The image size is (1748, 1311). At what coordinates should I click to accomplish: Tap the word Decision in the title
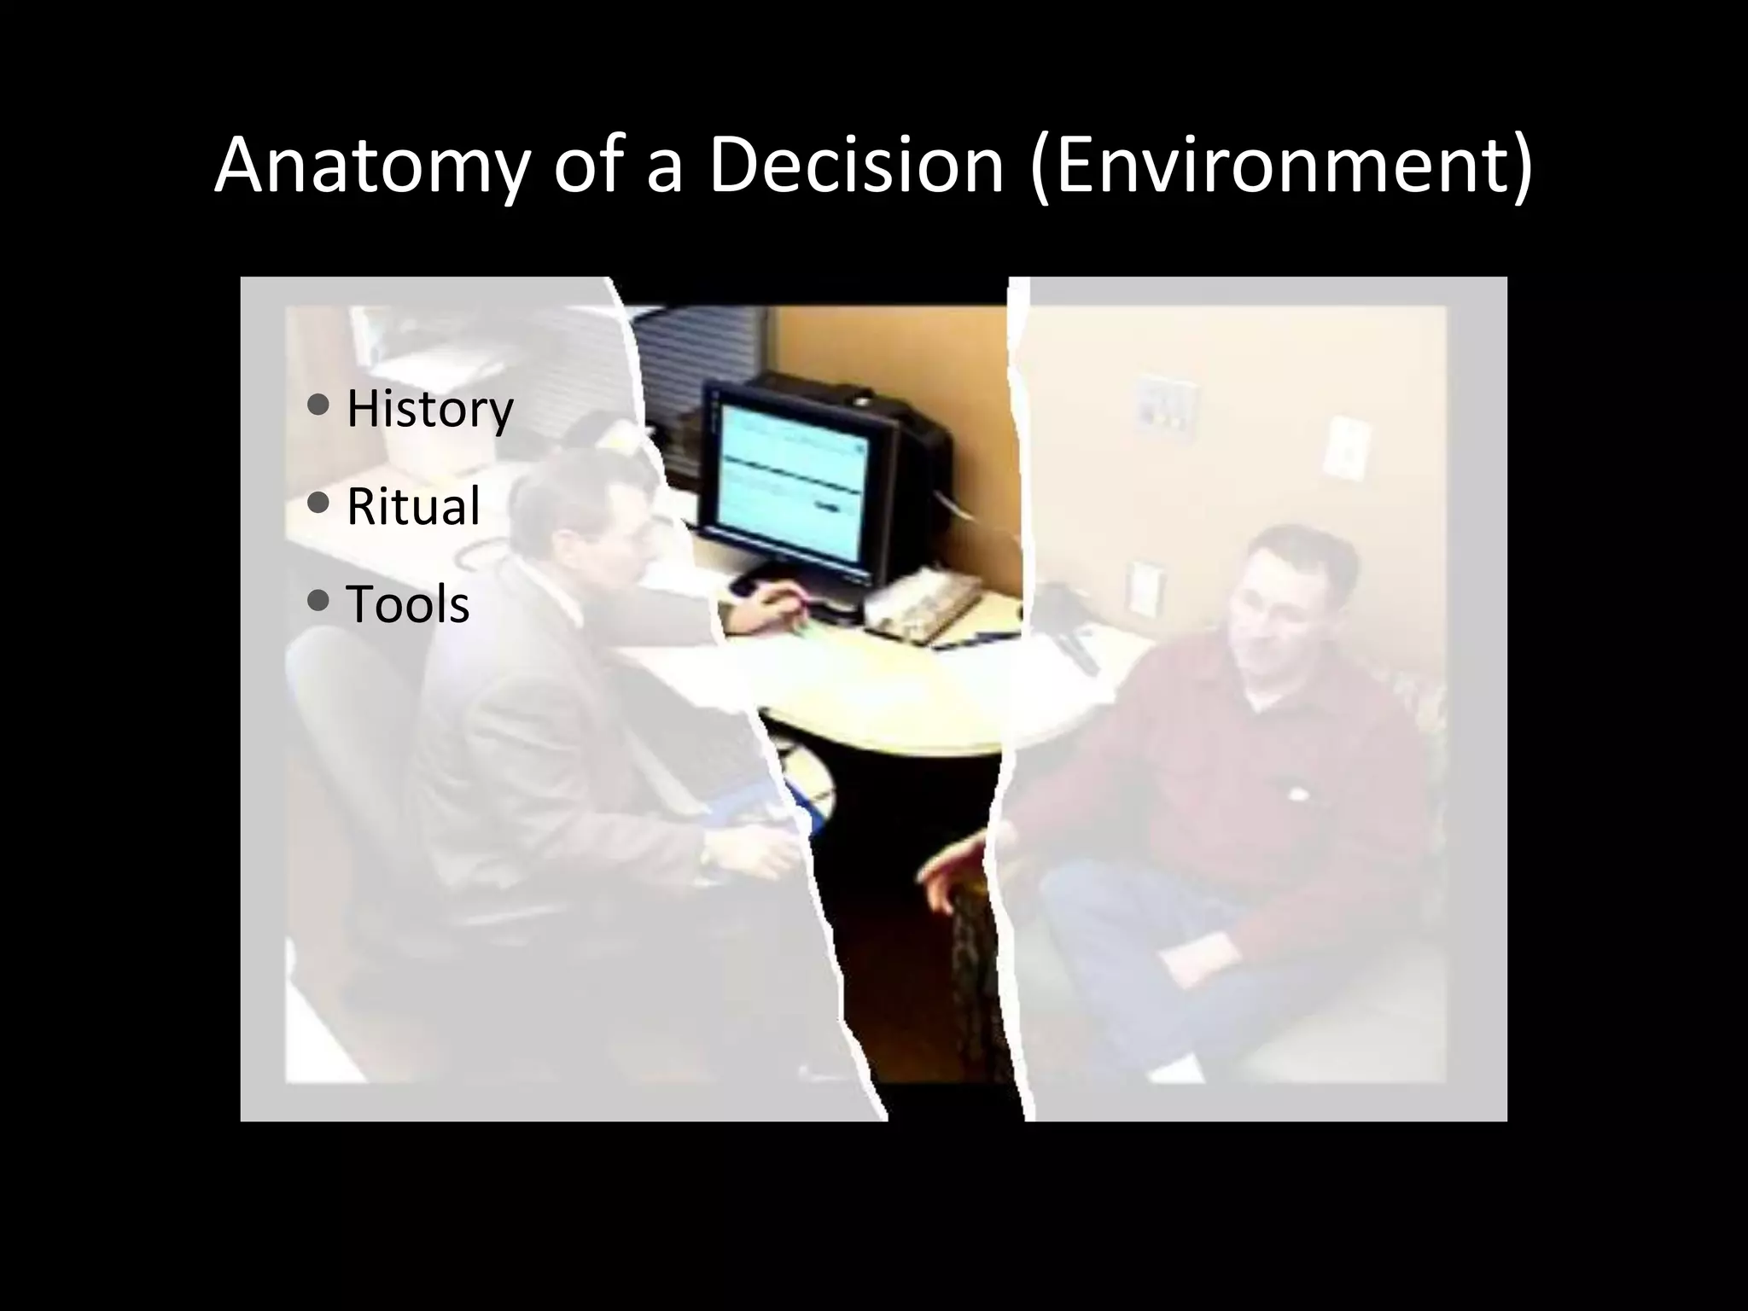(854, 166)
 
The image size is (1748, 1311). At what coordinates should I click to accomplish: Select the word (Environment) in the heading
(1281, 166)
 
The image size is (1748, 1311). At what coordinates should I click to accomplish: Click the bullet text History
(429, 409)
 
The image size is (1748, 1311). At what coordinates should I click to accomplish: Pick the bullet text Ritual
(413, 506)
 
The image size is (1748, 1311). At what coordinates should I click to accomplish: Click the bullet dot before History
(318, 405)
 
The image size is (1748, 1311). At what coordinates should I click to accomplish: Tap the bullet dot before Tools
(318, 601)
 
